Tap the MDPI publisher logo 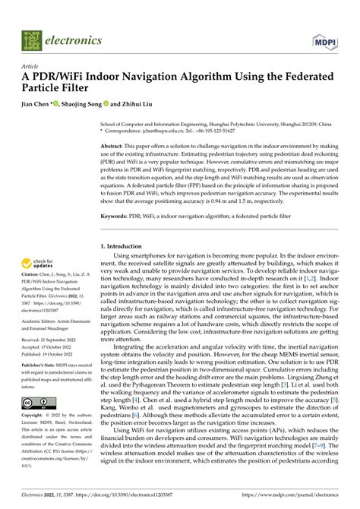327,39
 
